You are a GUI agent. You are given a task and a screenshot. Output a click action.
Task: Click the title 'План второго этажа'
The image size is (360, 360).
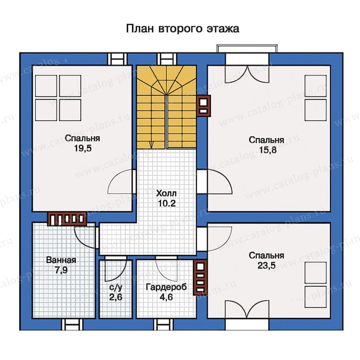pyautogui.click(x=182, y=29)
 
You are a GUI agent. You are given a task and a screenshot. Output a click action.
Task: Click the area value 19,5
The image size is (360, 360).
pyautogui.click(x=82, y=147)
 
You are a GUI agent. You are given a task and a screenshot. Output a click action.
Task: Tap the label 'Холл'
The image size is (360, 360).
pyautogui.click(x=167, y=194)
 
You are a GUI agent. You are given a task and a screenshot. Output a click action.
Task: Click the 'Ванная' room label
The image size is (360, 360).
pyautogui.click(x=61, y=260)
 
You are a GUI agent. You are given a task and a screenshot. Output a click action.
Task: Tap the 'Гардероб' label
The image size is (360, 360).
pyautogui.click(x=165, y=287)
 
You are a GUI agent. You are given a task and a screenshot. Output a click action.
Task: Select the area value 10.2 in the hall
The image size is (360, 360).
pyautogui.click(x=167, y=202)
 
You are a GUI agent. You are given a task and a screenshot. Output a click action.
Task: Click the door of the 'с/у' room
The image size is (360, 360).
pyautogui.click(x=116, y=270)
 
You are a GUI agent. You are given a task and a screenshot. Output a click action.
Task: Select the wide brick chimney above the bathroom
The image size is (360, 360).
pyautogui.click(x=67, y=219)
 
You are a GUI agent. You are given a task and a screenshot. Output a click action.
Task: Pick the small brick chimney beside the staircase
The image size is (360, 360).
pyautogui.click(x=204, y=106)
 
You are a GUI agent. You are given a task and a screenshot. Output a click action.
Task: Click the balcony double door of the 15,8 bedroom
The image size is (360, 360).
pyautogui.click(x=247, y=72)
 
